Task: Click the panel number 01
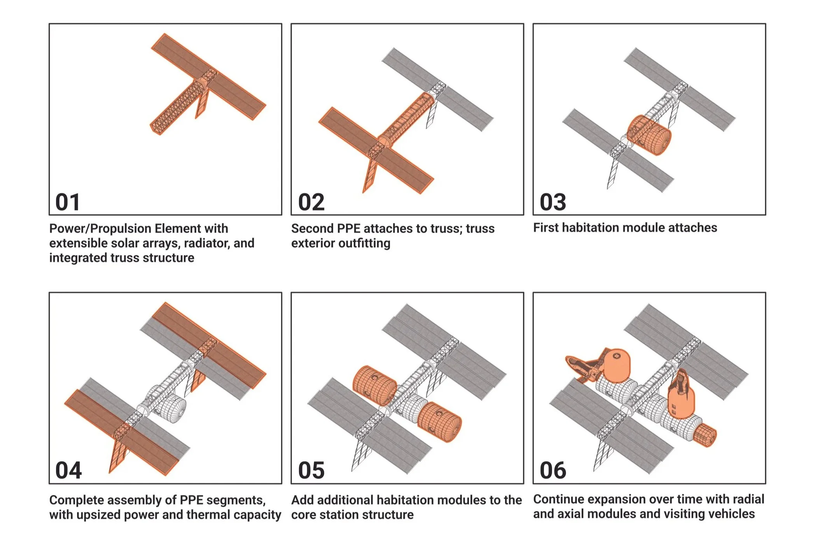(x=68, y=202)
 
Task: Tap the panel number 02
(x=311, y=202)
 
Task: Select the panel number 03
(x=553, y=202)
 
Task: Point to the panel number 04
(x=68, y=471)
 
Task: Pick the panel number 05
(x=311, y=471)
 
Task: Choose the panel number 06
(x=553, y=471)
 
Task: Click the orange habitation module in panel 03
(x=649, y=135)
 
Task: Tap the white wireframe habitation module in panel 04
(x=171, y=408)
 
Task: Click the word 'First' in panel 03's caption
(x=546, y=228)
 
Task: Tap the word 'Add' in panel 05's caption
(x=302, y=500)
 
